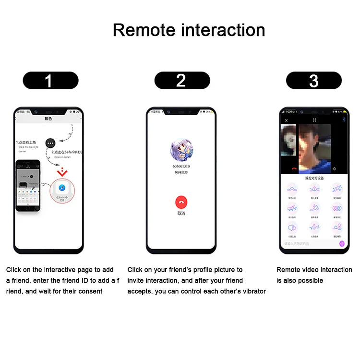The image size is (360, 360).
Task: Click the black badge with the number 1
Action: pos(50,80)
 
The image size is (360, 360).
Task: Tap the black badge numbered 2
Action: pos(182,80)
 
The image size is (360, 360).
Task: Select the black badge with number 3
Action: pos(313,80)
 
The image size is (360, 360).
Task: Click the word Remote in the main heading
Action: pos(144,30)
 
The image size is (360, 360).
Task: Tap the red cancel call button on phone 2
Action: pos(181,202)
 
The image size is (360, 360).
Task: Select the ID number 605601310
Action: pos(181,166)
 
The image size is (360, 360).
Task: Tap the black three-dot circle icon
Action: pos(51,143)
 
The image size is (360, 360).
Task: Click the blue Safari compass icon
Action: pos(61,188)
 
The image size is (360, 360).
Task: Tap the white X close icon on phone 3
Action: pos(287,120)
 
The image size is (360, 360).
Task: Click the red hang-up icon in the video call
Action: pos(294,169)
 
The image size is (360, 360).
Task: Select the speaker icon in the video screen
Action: pos(334,169)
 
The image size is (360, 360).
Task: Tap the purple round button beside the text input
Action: pos(342,243)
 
